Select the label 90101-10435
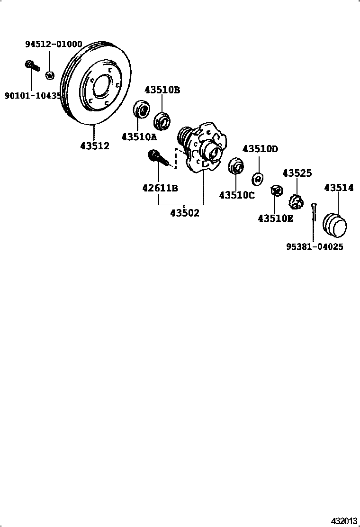33,96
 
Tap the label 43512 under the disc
95,146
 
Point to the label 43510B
162,90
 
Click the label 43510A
139,137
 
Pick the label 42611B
160,188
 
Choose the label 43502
185,213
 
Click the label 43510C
237,195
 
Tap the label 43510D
260,149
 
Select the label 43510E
276,218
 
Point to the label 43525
297,173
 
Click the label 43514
339,188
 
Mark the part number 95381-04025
315,247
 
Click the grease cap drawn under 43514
334,225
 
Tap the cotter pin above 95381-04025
314,212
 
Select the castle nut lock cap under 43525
296,202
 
